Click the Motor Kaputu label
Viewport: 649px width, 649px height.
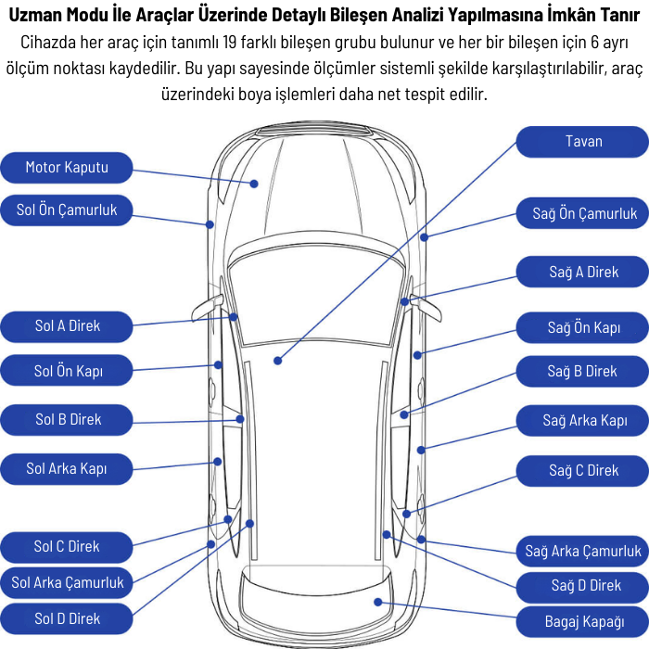[x=67, y=167]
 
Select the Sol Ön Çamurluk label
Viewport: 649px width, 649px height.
[x=67, y=210]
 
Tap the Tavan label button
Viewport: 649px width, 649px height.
[x=583, y=142]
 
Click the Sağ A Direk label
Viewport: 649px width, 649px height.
[x=583, y=273]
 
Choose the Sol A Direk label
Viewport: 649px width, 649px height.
[x=67, y=325]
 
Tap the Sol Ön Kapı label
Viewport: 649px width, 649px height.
[x=67, y=371]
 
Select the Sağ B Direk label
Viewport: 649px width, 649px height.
[x=582, y=372]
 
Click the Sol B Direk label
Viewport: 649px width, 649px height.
[x=67, y=420]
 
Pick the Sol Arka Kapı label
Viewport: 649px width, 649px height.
[x=67, y=469]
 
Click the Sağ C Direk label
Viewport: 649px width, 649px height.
[x=583, y=471]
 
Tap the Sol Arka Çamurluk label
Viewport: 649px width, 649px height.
[x=67, y=583]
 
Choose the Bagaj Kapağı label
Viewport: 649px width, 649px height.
[x=583, y=620]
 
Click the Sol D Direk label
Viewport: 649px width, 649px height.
[x=67, y=618]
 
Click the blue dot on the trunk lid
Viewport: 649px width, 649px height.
[x=378, y=602]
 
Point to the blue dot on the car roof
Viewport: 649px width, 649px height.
[x=277, y=358]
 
